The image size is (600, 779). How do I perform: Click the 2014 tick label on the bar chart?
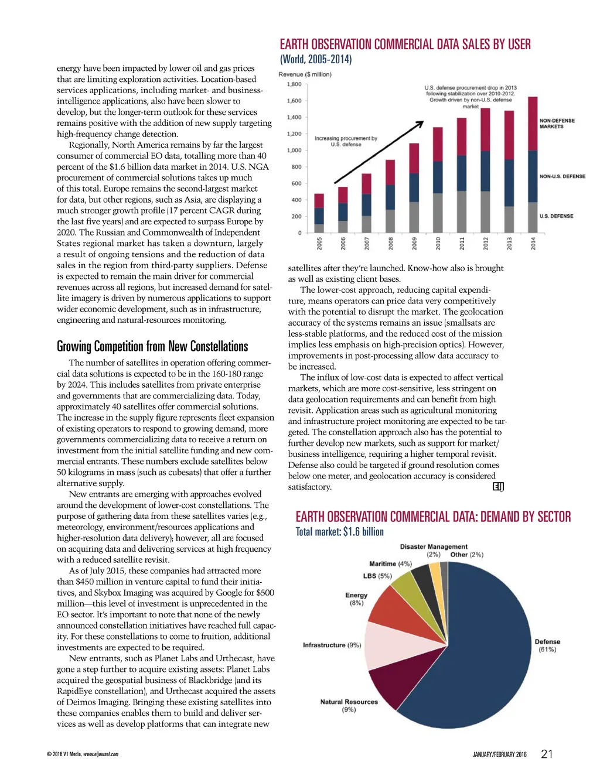point(533,243)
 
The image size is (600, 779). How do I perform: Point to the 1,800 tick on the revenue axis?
point(294,84)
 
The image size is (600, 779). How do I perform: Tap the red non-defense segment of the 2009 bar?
point(414,158)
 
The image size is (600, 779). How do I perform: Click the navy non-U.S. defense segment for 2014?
point(533,176)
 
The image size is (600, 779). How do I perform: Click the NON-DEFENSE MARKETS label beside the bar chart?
point(557,124)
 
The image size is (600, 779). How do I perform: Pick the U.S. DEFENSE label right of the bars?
point(556,216)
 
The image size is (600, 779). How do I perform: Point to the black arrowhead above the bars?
point(420,124)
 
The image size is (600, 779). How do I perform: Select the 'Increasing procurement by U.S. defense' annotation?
point(346,141)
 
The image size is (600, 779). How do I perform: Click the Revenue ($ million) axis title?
point(305,74)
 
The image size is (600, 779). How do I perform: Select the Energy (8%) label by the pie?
point(356,599)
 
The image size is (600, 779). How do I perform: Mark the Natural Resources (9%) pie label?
point(349,705)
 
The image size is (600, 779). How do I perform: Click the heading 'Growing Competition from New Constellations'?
point(152,346)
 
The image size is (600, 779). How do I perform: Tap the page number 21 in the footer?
point(547,754)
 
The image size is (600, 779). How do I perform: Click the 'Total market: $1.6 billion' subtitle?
point(339,532)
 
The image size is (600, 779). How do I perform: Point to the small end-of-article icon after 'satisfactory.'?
point(499,487)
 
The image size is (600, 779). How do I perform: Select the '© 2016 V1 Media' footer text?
point(83,754)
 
